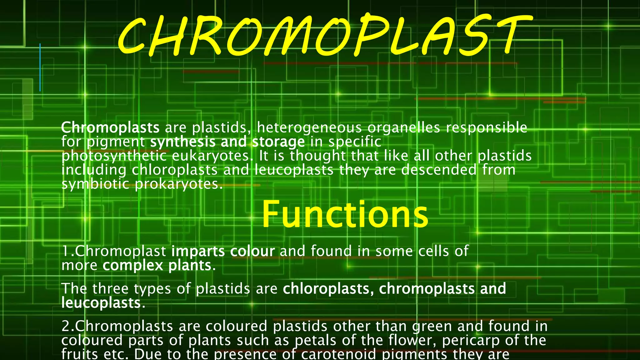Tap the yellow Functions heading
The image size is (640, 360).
345,215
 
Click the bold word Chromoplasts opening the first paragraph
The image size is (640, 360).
110,127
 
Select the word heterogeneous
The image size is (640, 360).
309,128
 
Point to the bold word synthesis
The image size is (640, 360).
182,142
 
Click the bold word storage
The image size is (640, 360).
278,142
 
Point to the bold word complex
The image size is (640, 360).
133,266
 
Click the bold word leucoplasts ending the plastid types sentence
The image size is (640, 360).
101,303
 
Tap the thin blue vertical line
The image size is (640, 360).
40,67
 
